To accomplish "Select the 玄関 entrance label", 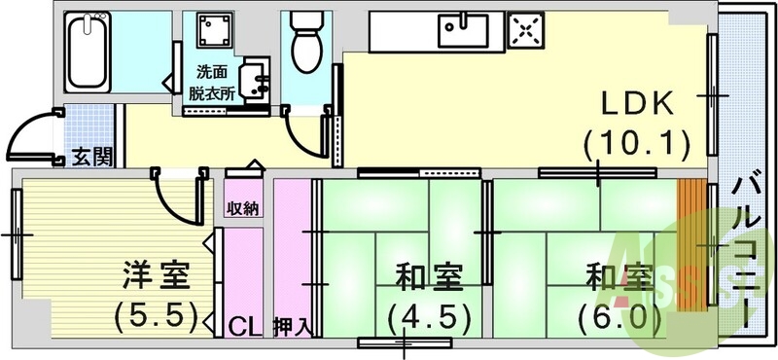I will tap(91, 157).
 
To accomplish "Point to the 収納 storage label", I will tap(243, 208).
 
